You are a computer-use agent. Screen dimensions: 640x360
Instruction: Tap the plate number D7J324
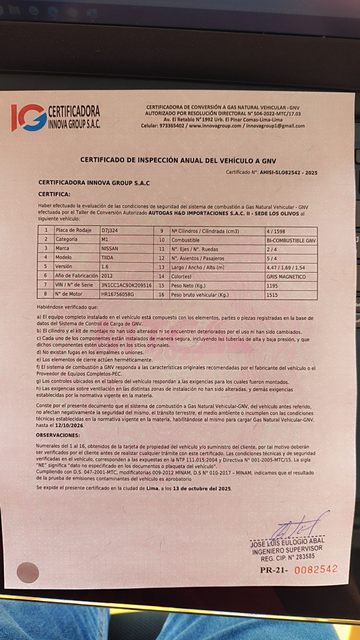click(109, 230)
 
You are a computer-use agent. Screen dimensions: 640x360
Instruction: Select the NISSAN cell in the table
click(110, 248)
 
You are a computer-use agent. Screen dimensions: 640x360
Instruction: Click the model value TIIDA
click(108, 257)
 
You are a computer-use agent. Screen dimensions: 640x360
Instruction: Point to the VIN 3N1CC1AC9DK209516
click(126, 285)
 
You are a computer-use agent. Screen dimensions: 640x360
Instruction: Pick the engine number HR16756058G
click(117, 294)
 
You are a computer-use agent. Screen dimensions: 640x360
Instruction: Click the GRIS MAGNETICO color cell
click(286, 277)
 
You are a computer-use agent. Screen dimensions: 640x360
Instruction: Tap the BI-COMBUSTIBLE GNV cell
click(291, 240)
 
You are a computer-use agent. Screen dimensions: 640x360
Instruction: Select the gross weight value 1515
click(272, 295)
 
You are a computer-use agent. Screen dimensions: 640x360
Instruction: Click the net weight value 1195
click(272, 286)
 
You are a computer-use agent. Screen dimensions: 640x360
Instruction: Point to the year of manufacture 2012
click(107, 276)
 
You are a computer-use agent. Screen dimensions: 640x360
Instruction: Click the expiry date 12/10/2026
click(70, 426)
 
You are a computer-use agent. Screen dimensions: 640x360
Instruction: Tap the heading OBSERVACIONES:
click(58, 435)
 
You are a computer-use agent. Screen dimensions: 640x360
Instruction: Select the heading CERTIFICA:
click(54, 194)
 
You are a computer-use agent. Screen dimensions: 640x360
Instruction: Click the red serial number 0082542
click(316, 569)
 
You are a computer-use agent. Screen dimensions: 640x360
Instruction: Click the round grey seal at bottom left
click(28, 573)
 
